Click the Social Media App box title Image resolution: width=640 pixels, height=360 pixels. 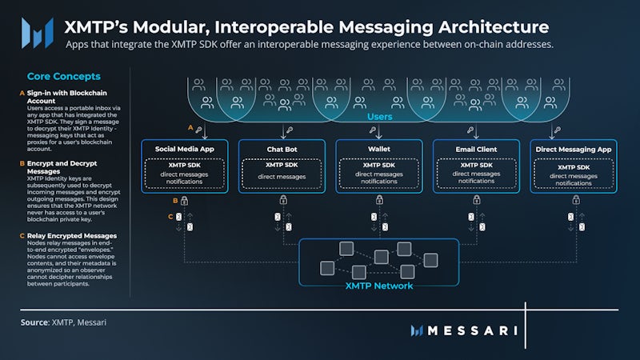coord(184,149)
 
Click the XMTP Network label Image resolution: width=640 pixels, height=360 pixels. coord(379,286)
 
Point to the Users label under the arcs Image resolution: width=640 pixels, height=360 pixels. coord(379,117)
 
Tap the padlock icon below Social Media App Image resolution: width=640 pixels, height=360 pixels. coord(185,201)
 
